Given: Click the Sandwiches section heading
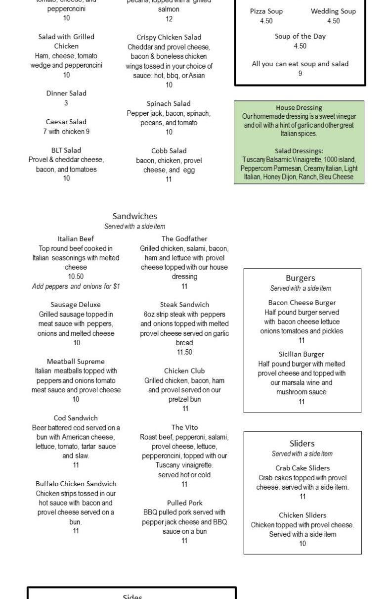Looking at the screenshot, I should pyautogui.click(x=134, y=216).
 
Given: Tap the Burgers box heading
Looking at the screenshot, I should pyautogui.click(x=300, y=278).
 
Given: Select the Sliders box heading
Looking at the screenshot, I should pyautogui.click(x=302, y=443).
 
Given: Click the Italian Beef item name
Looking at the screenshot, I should pyautogui.click(x=76, y=238).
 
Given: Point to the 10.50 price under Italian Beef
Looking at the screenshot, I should pyautogui.click(x=76, y=276).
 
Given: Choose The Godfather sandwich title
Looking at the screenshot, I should pyautogui.click(x=184, y=238).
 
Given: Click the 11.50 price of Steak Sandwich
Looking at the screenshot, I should pyautogui.click(x=184, y=352).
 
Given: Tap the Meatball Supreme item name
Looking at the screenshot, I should pyautogui.click(x=76, y=361).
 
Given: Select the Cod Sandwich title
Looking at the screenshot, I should pyautogui.click(x=76, y=418).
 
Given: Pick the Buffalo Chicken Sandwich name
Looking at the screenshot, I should pyautogui.click(x=76, y=484).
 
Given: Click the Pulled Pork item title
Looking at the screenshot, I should pyautogui.click(x=184, y=503).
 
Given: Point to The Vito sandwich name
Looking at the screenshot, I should pyautogui.click(x=184, y=427).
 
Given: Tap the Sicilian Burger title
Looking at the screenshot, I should pyautogui.click(x=302, y=354).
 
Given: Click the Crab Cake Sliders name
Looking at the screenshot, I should pyautogui.click(x=302, y=468).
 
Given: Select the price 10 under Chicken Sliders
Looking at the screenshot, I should pyautogui.click(x=302, y=544).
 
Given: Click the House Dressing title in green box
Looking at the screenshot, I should pyautogui.click(x=299, y=107).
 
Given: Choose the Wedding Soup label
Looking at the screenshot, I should pyautogui.click(x=333, y=11).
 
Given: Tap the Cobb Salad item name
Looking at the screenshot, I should pyautogui.click(x=169, y=151).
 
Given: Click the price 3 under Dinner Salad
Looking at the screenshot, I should pyautogui.click(x=66, y=103).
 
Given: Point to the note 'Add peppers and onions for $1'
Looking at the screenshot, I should pyautogui.click(x=76, y=286).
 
